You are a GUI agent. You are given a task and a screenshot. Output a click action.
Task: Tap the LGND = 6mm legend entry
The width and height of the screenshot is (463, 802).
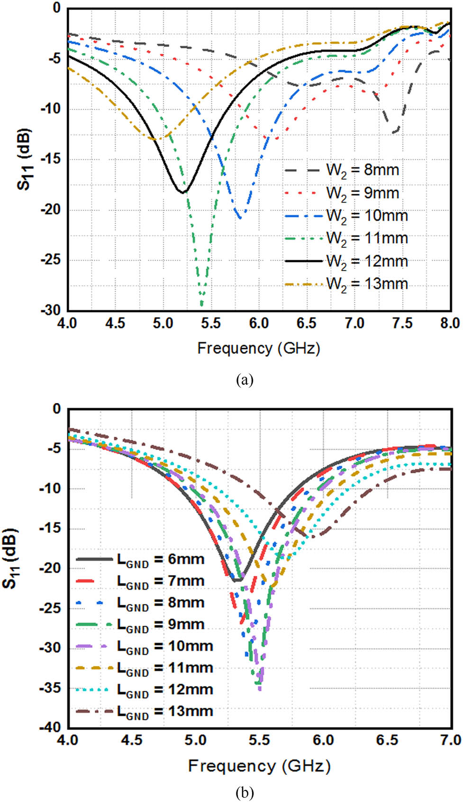coord(140,559)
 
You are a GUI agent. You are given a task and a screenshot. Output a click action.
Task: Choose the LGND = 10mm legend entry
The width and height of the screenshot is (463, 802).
coord(145,647)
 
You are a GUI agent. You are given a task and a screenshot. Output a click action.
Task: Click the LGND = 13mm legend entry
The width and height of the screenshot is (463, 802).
coord(145,712)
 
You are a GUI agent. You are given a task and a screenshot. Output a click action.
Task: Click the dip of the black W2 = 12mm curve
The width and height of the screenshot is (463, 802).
coord(183,192)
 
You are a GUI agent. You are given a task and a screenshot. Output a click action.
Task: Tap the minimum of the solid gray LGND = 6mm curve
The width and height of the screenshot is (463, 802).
coord(236,580)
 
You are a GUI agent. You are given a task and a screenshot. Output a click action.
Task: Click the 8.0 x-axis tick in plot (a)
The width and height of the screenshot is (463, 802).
coord(450,324)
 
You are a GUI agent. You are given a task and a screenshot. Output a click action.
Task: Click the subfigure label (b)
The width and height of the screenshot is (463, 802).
coord(245,792)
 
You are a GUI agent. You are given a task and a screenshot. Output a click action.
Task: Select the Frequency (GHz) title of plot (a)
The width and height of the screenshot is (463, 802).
coord(259,348)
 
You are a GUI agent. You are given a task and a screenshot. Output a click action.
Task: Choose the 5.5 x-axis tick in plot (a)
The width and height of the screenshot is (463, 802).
coord(211,324)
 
